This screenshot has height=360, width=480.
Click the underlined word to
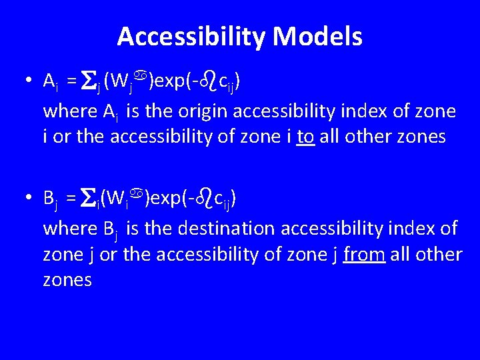click(x=305, y=137)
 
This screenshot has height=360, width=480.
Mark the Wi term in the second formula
click(x=118, y=199)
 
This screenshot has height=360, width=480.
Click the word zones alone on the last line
click(x=67, y=280)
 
